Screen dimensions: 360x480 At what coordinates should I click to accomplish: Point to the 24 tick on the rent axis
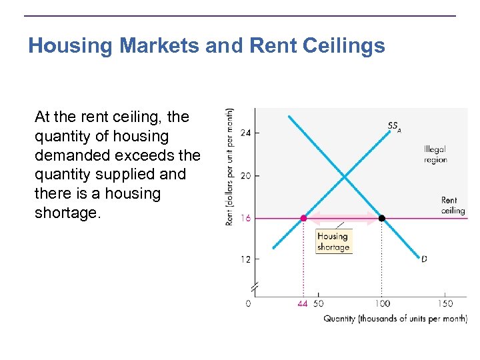pyautogui.click(x=246, y=133)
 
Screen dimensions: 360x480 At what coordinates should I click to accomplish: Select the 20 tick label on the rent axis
pyautogui.click(x=246, y=176)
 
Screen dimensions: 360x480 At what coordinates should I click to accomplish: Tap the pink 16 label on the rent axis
pyautogui.click(x=246, y=219)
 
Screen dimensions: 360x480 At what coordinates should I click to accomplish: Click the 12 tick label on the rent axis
pyautogui.click(x=246, y=259)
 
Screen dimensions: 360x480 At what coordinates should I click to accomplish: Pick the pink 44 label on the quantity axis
pyautogui.click(x=303, y=304)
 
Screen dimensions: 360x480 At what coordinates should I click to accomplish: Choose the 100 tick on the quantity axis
pyautogui.click(x=381, y=304)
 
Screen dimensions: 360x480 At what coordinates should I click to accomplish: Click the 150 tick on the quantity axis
pyautogui.click(x=445, y=304)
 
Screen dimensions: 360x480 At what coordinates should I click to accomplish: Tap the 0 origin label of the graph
pyautogui.click(x=249, y=304)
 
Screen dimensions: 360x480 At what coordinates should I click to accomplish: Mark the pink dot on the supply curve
pyautogui.click(x=304, y=218)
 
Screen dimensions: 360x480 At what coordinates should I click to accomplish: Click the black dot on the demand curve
pyautogui.click(x=382, y=218)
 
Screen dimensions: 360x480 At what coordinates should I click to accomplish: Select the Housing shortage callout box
pyautogui.click(x=333, y=241)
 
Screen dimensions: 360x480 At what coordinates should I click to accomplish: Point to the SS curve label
pyautogui.click(x=394, y=126)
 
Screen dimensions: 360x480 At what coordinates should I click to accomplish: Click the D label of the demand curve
pyautogui.click(x=424, y=259)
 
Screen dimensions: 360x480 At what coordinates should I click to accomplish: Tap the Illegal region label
pyautogui.click(x=435, y=155)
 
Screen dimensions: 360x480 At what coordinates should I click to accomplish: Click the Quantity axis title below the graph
pyautogui.click(x=395, y=319)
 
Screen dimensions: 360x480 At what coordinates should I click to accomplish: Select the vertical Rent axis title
pyautogui.click(x=229, y=167)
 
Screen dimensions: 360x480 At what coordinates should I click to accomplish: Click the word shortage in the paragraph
pyautogui.click(x=67, y=213)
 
